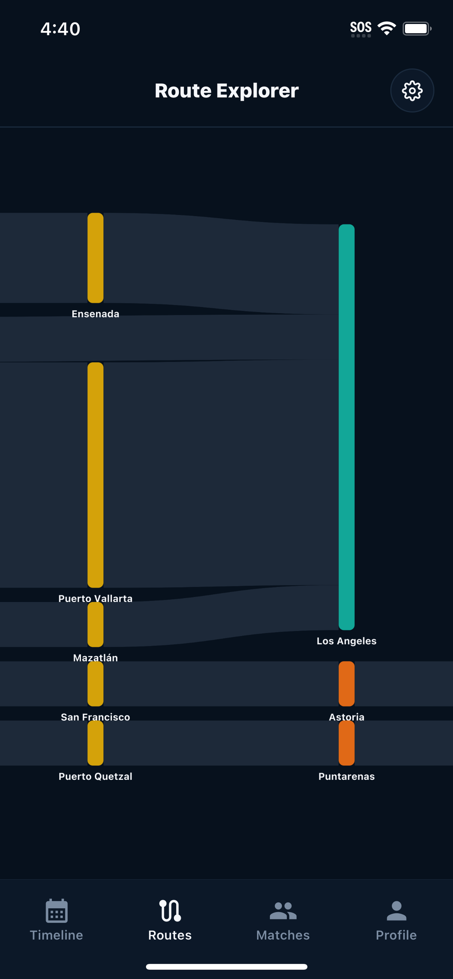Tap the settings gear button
412,91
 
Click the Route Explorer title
227,91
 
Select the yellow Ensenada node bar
96,258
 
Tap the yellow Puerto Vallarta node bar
96,475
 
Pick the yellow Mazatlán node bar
96,624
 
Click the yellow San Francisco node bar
96,684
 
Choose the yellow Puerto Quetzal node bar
96,743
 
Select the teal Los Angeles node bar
346,427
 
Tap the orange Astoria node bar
346,684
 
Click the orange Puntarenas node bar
346,743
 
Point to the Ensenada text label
96,314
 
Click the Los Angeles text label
346,641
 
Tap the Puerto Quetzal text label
96,776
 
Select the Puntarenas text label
346,776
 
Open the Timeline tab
57,920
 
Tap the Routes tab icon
170,911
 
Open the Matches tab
283,920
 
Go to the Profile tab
396,920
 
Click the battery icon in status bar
417,29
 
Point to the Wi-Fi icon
386,29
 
